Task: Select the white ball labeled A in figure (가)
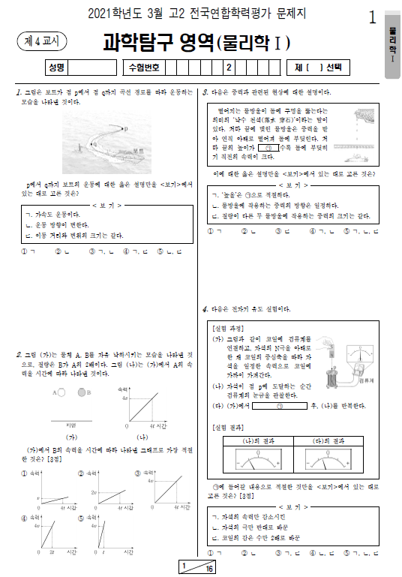pos(61,392)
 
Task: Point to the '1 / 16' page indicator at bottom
pos(196,566)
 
